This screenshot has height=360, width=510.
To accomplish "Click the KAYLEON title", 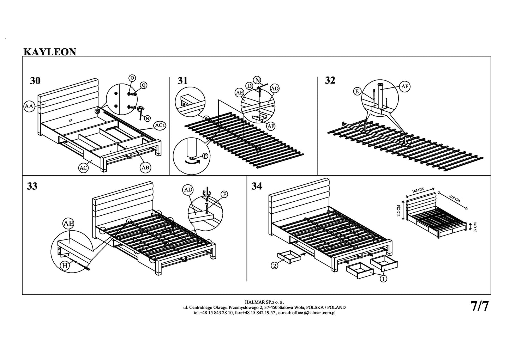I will click(x=50, y=52).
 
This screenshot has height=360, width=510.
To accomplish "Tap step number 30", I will click(x=35, y=81).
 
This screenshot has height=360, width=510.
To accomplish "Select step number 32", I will click(x=330, y=81).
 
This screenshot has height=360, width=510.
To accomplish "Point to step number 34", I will click(x=257, y=186).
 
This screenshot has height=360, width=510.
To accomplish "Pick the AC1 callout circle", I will click(x=160, y=126).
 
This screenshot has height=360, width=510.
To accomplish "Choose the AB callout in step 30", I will click(x=145, y=168).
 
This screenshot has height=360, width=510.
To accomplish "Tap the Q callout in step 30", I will click(x=144, y=85).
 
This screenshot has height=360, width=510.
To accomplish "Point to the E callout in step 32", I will click(x=358, y=91).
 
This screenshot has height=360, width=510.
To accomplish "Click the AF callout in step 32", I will click(x=404, y=86).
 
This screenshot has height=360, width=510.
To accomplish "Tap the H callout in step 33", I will click(x=65, y=266).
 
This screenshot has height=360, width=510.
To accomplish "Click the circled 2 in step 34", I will click(x=274, y=266).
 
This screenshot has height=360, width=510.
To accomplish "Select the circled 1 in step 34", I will click(x=383, y=279).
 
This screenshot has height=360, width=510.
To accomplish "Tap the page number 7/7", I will click(x=480, y=306).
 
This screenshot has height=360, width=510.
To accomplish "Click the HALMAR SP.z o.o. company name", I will click(x=264, y=302).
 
